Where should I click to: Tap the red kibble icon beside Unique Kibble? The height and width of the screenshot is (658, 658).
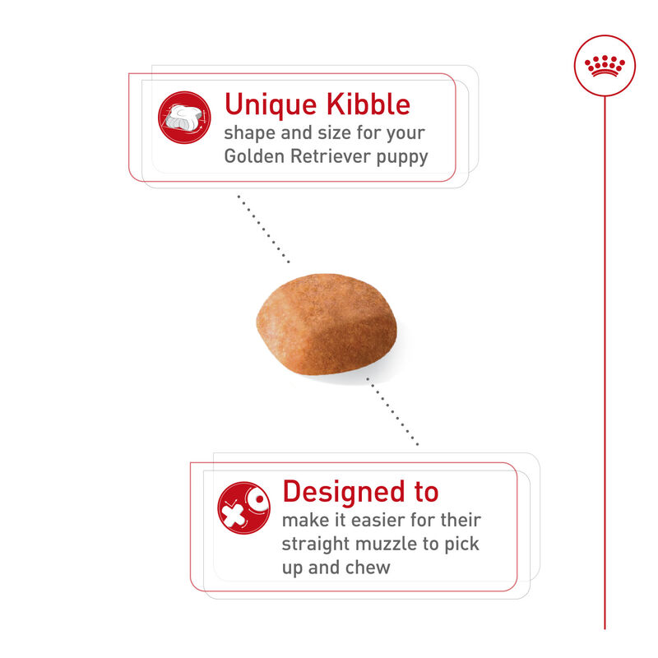(184, 117)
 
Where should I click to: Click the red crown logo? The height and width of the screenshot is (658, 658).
(605, 65)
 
